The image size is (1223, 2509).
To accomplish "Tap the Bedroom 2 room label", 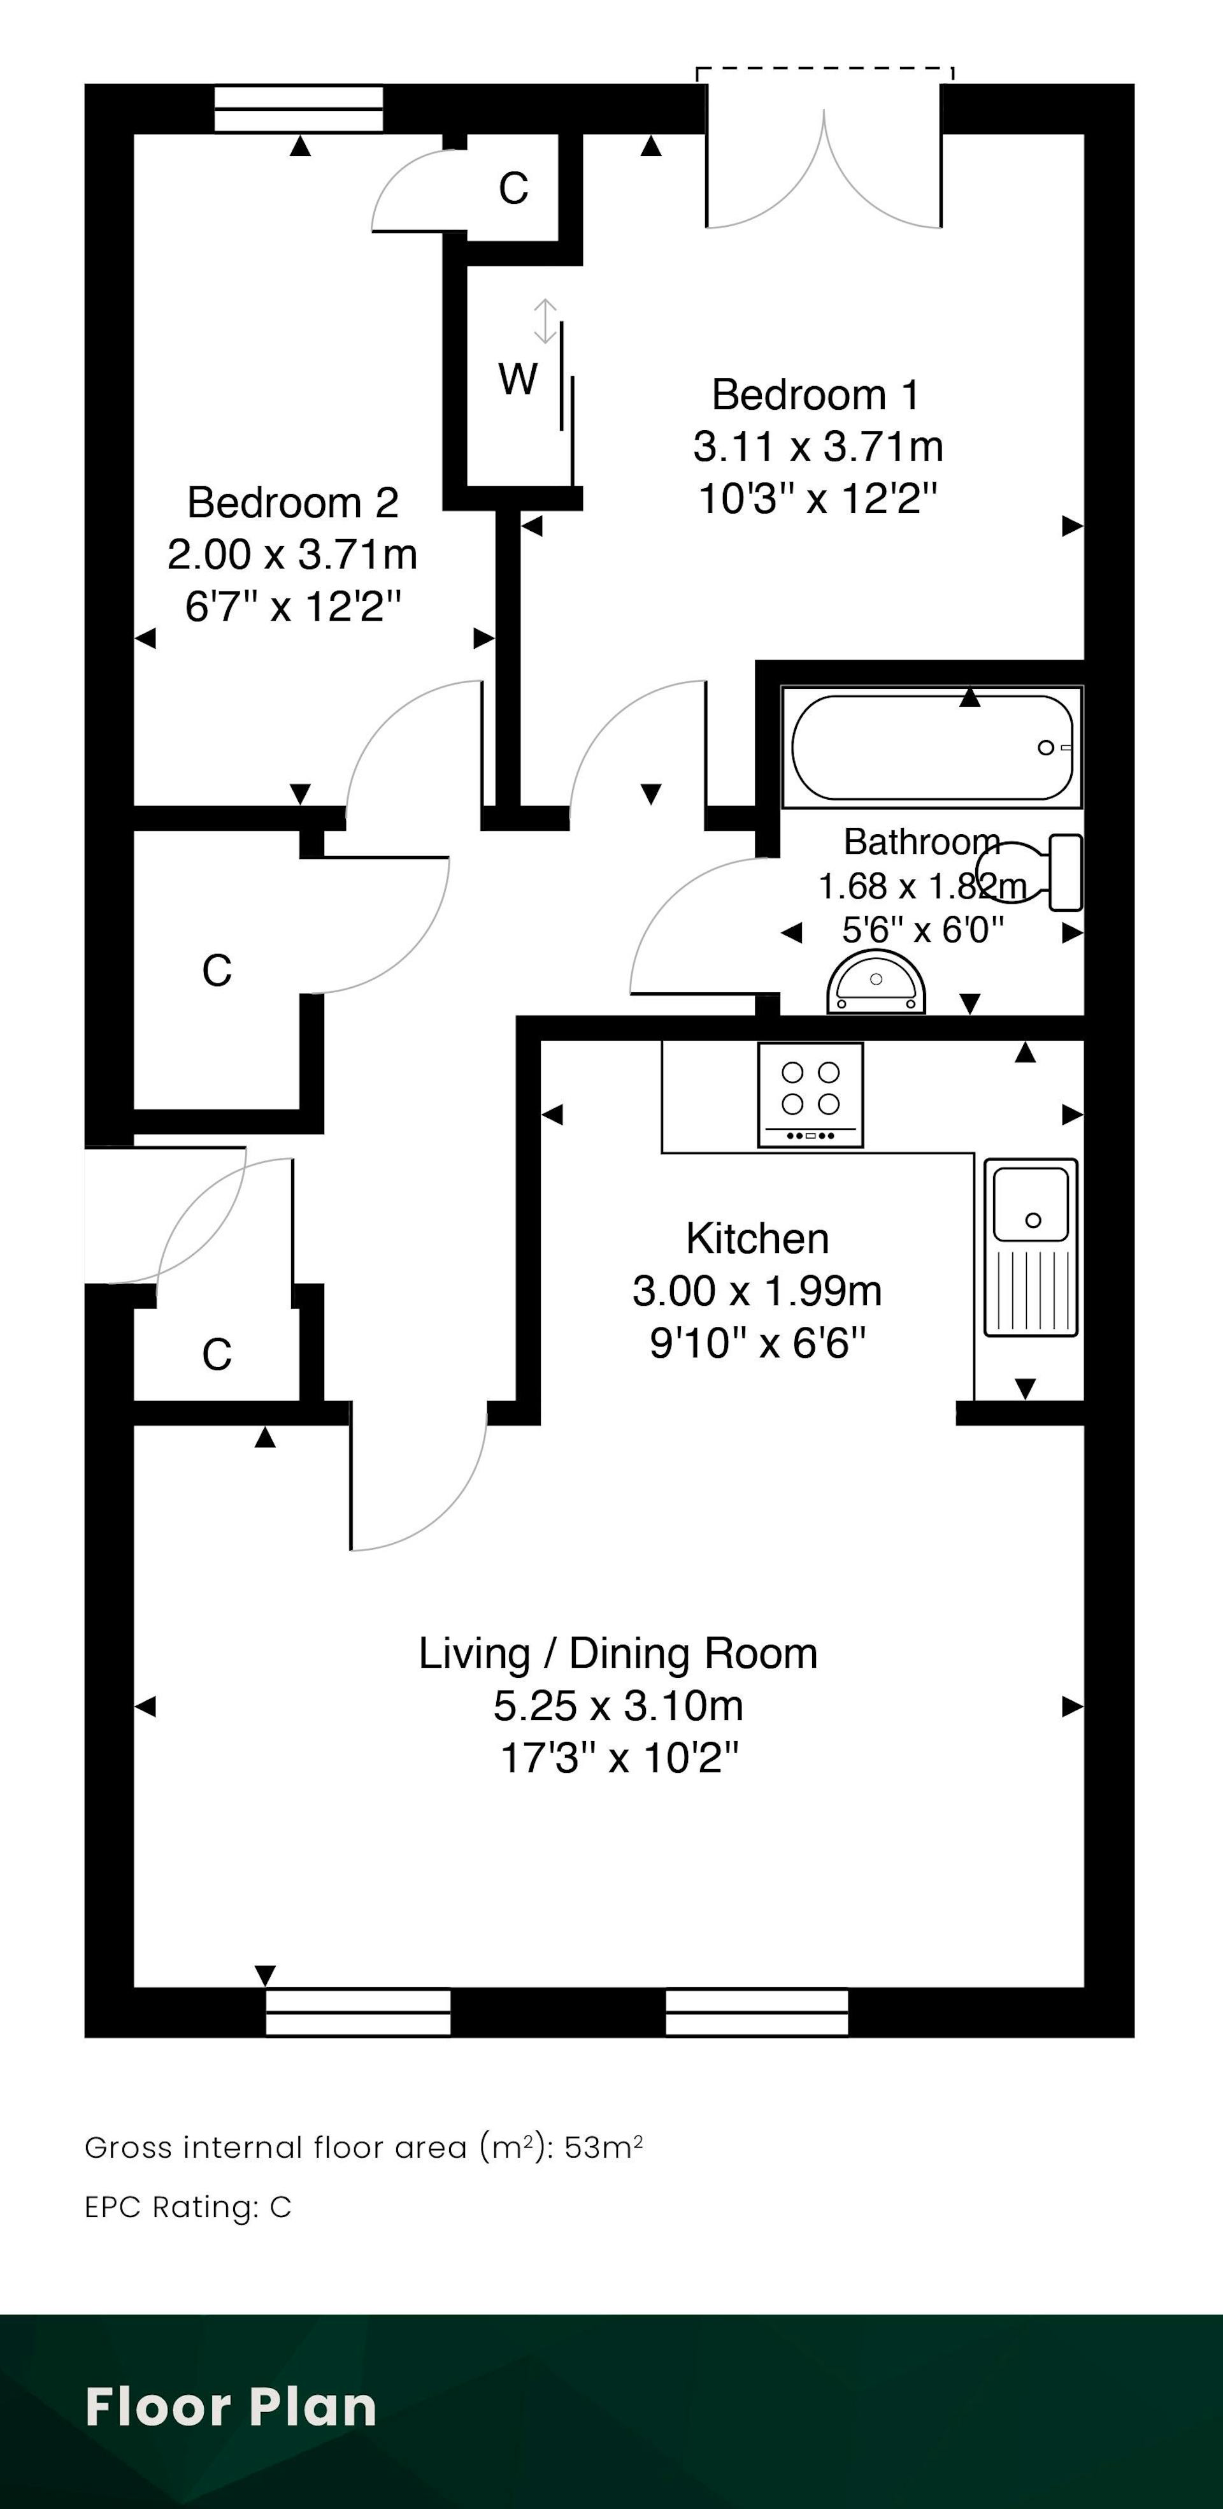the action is coord(293,503).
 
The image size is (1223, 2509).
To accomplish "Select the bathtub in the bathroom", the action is coord(932,747).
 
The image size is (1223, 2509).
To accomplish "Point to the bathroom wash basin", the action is coord(875,985).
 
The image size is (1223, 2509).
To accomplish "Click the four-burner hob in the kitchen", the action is coord(810,1095).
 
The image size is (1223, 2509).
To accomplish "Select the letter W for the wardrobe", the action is coord(517,379).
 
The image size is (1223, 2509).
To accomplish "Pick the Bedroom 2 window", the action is coord(299,108).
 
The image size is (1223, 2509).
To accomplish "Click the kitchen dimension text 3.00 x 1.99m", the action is coord(757,1291).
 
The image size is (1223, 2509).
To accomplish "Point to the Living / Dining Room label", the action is coord(619,1654).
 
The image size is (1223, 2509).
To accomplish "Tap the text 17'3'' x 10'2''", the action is coord(619,1759).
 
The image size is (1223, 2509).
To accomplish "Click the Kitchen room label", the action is coord(757,1238).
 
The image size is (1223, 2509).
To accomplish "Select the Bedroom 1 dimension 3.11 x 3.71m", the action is coord(818,447).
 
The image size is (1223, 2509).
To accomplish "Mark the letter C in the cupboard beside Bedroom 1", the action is coord(513,188).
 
